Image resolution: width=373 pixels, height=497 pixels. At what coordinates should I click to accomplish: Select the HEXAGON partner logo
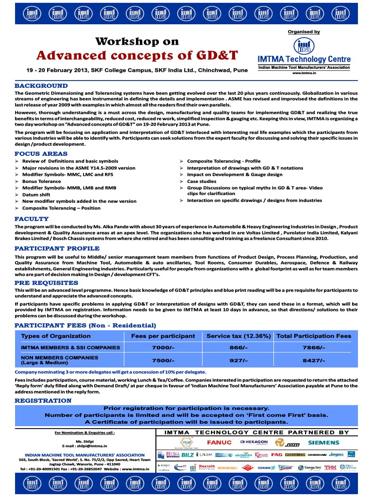(254, 442)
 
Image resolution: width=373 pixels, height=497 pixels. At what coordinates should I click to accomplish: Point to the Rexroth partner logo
(207, 467)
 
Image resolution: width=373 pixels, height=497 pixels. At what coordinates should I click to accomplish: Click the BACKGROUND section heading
(41, 85)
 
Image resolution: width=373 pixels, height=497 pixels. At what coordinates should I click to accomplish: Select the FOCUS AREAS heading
(41, 154)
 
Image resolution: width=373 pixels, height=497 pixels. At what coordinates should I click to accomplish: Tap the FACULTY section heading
(32, 219)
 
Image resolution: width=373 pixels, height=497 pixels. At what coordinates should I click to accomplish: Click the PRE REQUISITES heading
(46, 282)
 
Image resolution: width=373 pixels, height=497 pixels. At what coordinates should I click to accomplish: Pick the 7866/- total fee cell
(313, 348)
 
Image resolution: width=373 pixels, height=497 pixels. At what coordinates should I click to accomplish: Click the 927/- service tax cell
(238, 360)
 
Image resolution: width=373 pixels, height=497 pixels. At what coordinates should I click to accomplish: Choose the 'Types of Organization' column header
(56, 336)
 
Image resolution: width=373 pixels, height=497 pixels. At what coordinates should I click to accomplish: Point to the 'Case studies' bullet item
(202, 181)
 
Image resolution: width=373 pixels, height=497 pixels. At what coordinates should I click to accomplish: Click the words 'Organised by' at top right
(304, 32)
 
